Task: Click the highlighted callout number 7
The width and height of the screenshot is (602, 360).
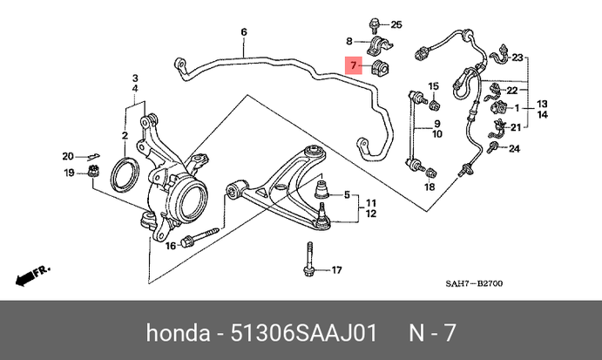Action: coord(353,65)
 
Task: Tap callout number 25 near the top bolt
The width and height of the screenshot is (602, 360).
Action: coord(396,24)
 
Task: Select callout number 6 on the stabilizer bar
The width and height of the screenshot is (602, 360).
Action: coord(243,33)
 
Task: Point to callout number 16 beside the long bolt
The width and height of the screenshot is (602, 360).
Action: coord(171,245)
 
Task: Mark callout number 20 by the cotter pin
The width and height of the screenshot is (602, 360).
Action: coord(68,157)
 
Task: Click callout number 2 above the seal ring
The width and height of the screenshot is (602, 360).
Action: coord(125,137)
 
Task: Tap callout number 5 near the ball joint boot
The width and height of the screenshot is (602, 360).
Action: coord(347,194)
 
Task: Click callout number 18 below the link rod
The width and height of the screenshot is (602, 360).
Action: coord(429,187)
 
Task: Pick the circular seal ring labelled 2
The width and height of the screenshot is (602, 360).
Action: coord(124,173)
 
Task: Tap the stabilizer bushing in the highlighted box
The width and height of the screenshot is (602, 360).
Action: coord(381,67)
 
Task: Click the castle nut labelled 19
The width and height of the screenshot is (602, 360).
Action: coord(92,174)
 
